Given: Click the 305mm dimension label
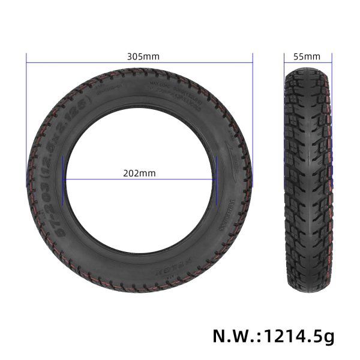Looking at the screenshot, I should [143, 56].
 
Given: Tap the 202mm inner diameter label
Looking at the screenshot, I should [139, 173].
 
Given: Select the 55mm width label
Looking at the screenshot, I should [307, 56].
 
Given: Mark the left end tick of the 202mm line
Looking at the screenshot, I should [64, 178].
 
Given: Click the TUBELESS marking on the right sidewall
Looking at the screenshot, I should [230, 207].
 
